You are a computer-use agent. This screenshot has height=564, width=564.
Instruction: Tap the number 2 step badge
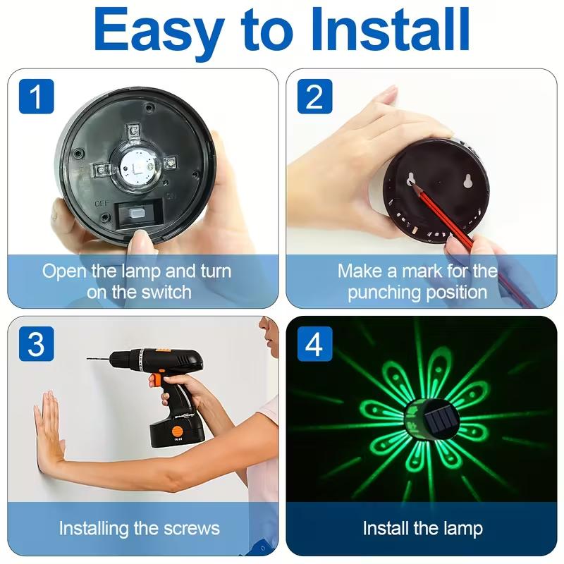click(314, 96)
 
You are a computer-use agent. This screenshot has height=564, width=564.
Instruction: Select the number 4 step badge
click(314, 345)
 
